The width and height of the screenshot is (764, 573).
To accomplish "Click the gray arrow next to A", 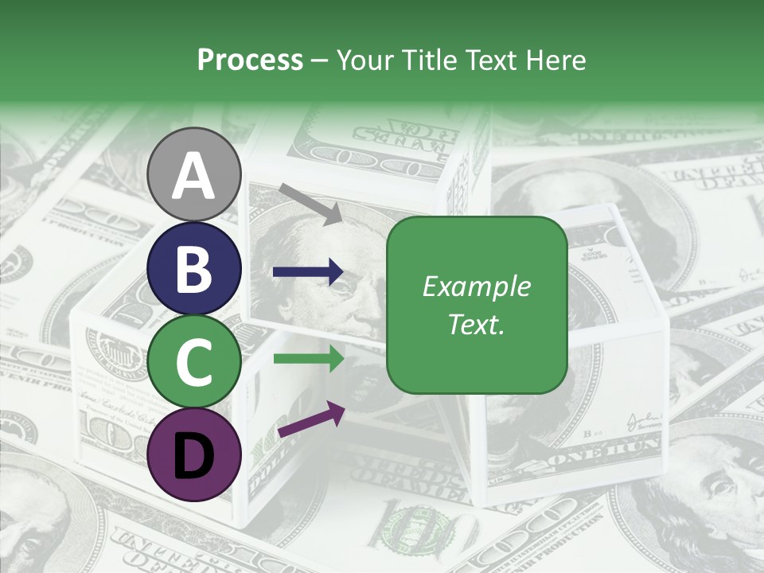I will [310, 203].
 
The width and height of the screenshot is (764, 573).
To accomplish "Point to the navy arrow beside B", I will [308, 272].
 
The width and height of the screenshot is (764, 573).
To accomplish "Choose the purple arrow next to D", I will [311, 421].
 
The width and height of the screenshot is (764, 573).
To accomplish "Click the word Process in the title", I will [250, 60].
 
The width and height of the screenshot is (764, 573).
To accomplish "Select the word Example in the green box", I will [476, 286].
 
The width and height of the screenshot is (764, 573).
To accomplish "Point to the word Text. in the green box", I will [476, 324].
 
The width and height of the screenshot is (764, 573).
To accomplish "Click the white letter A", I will [194, 175].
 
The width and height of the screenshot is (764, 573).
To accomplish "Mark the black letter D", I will [194, 454].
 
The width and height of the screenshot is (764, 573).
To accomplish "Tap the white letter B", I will [194, 269].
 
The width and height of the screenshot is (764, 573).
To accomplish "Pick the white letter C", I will [194, 362].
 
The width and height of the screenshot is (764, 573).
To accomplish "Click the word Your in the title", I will [364, 60].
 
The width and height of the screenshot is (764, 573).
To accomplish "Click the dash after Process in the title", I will [319, 60].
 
